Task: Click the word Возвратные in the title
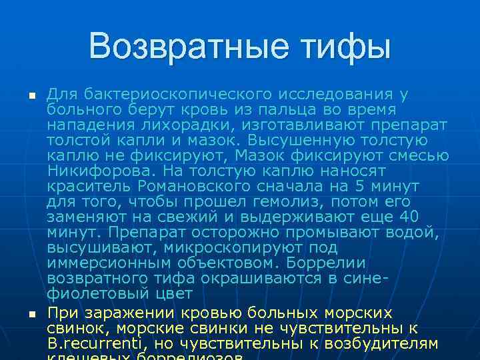(x=179, y=46)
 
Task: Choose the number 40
(x=408, y=217)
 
